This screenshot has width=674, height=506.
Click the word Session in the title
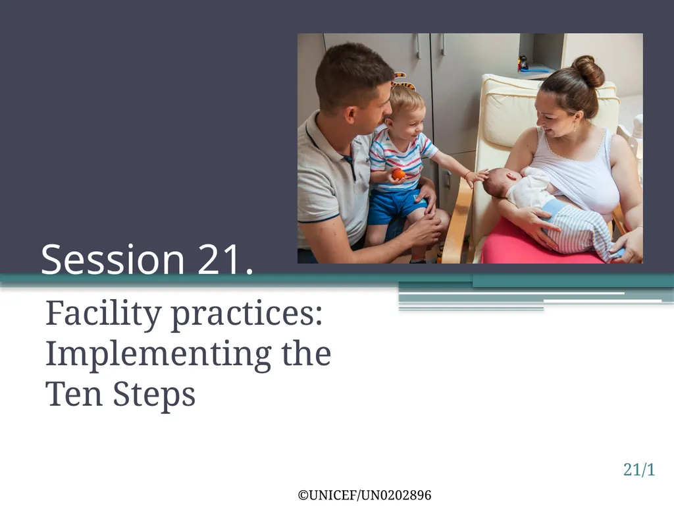(113, 259)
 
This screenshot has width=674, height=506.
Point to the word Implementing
(158, 355)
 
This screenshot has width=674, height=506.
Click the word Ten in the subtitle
(74, 394)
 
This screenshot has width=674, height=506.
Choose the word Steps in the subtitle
(154, 395)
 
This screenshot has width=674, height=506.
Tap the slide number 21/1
(639, 469)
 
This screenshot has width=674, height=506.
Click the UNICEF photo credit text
(365, 495)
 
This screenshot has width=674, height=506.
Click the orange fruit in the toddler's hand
(398, 174)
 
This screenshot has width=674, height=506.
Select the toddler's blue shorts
(396, 206)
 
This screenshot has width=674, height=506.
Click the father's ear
(351, 115)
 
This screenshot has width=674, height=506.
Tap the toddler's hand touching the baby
(477, 177)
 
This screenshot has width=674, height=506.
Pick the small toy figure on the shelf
(523, 63)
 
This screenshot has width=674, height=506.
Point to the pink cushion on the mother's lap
(533, 245)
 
